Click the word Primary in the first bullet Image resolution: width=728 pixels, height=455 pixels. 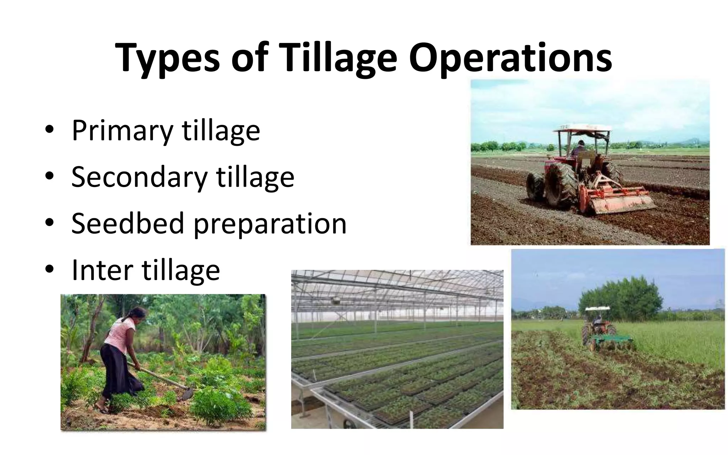[122, 131]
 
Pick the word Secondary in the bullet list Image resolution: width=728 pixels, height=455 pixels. [139, 177]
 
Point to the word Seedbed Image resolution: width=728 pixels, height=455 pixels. [127, 223]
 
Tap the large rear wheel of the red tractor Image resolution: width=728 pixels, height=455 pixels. [560, 185]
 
